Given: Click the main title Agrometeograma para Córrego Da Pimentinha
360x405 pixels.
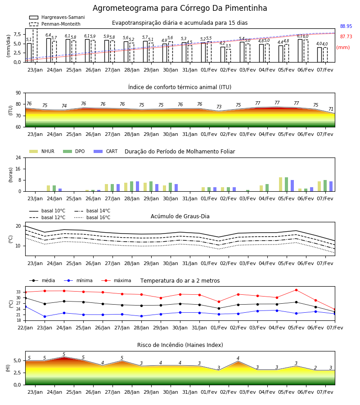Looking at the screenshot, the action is [180, 8].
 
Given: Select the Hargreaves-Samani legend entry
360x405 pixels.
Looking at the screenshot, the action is [57, 17].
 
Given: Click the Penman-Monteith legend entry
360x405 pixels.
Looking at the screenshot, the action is [55, 24].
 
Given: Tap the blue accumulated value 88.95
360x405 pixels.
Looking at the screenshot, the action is [346, 26].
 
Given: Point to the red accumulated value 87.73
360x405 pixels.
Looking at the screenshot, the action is [346, 36].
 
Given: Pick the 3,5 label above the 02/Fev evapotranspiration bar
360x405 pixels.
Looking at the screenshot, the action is [228, 46].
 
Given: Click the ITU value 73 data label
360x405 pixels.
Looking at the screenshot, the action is [219, 106].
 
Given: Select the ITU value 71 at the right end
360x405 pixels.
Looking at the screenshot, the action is [331, 109].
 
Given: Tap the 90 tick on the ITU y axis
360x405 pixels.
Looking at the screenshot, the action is [18, 93].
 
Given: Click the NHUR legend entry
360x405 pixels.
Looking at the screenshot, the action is [42, 151].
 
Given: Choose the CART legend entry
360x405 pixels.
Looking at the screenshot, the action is [106, 151].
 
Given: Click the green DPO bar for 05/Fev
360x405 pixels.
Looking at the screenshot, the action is [286, 184].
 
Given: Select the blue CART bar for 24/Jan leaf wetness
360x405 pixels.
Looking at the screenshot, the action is [60, 190].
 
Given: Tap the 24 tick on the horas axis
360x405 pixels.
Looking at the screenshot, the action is [18, 158].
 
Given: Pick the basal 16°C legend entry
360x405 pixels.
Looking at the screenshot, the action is [92, 217].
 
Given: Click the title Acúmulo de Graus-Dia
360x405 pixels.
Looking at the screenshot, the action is [180, 216].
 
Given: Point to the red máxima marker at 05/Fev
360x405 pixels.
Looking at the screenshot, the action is [296, 290].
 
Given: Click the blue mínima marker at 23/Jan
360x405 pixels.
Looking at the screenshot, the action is [45, 316].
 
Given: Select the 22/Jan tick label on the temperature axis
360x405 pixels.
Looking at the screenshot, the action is [25, 328].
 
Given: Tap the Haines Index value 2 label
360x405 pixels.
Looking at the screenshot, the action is [315, 368].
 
